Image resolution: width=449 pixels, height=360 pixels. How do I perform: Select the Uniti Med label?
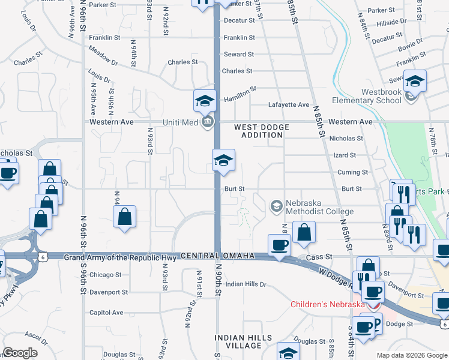click(180, 122)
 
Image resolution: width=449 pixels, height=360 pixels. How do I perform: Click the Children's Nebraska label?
click(328, 304)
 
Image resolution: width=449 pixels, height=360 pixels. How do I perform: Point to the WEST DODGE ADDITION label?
click(262, 131)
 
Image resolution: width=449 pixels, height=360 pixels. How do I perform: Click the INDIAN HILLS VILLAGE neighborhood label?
click(244, 341)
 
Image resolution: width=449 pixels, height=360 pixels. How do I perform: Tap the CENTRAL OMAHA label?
click(218, 256)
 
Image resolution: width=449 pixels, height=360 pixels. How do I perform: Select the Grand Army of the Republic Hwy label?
click(120, 258)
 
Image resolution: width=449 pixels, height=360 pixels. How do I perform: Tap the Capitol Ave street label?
click(106, 313)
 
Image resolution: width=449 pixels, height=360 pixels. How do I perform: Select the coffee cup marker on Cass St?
click(279, 245)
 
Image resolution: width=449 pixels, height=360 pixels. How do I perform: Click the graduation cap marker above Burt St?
click(223, 160)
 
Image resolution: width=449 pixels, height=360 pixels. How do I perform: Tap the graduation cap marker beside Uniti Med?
click(205, 100)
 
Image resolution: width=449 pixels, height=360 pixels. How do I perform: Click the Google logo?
click(20, 353)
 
